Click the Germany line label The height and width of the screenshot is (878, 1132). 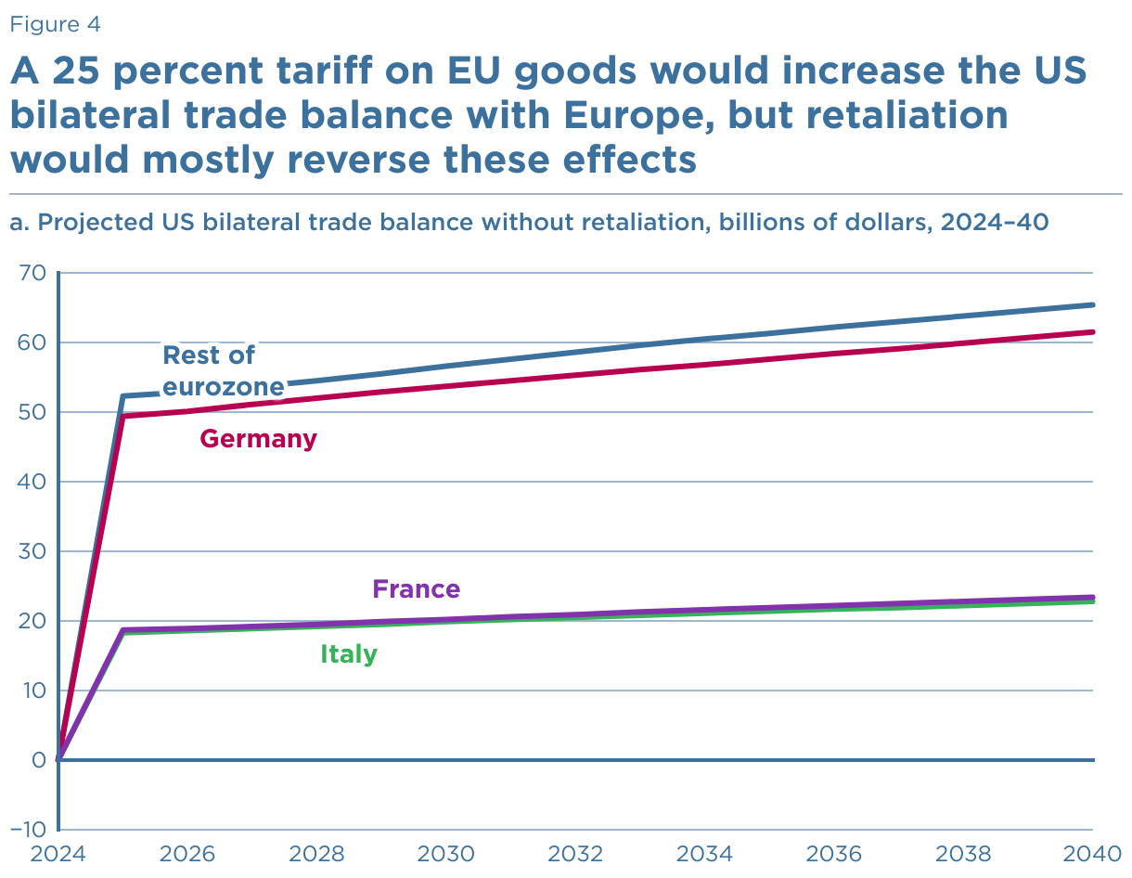(x=258, y=439)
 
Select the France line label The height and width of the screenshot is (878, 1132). (x=416, y=589)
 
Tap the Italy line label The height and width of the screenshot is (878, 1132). (x=349, y=654)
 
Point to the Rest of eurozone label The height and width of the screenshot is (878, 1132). (x=223, y=369)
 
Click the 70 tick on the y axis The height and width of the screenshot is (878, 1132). (x=32, y=273)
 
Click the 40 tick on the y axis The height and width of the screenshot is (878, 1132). (x=32, y=482)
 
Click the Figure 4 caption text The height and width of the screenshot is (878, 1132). (x=55, y=25)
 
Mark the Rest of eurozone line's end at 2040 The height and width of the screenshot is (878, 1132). (x=1094, y=304)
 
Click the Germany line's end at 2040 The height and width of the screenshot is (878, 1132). (x=1094, y=332)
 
